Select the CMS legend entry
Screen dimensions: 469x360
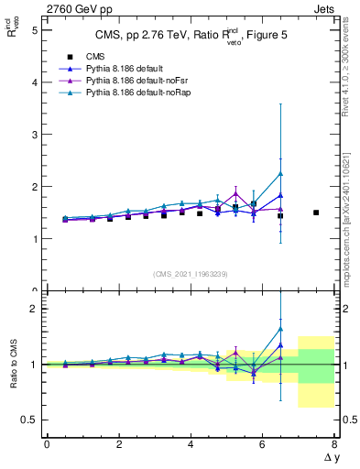(x=80, y=58)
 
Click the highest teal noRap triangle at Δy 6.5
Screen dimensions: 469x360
(x=280, y=174)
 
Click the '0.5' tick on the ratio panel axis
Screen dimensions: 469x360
(x=30, y=420)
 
